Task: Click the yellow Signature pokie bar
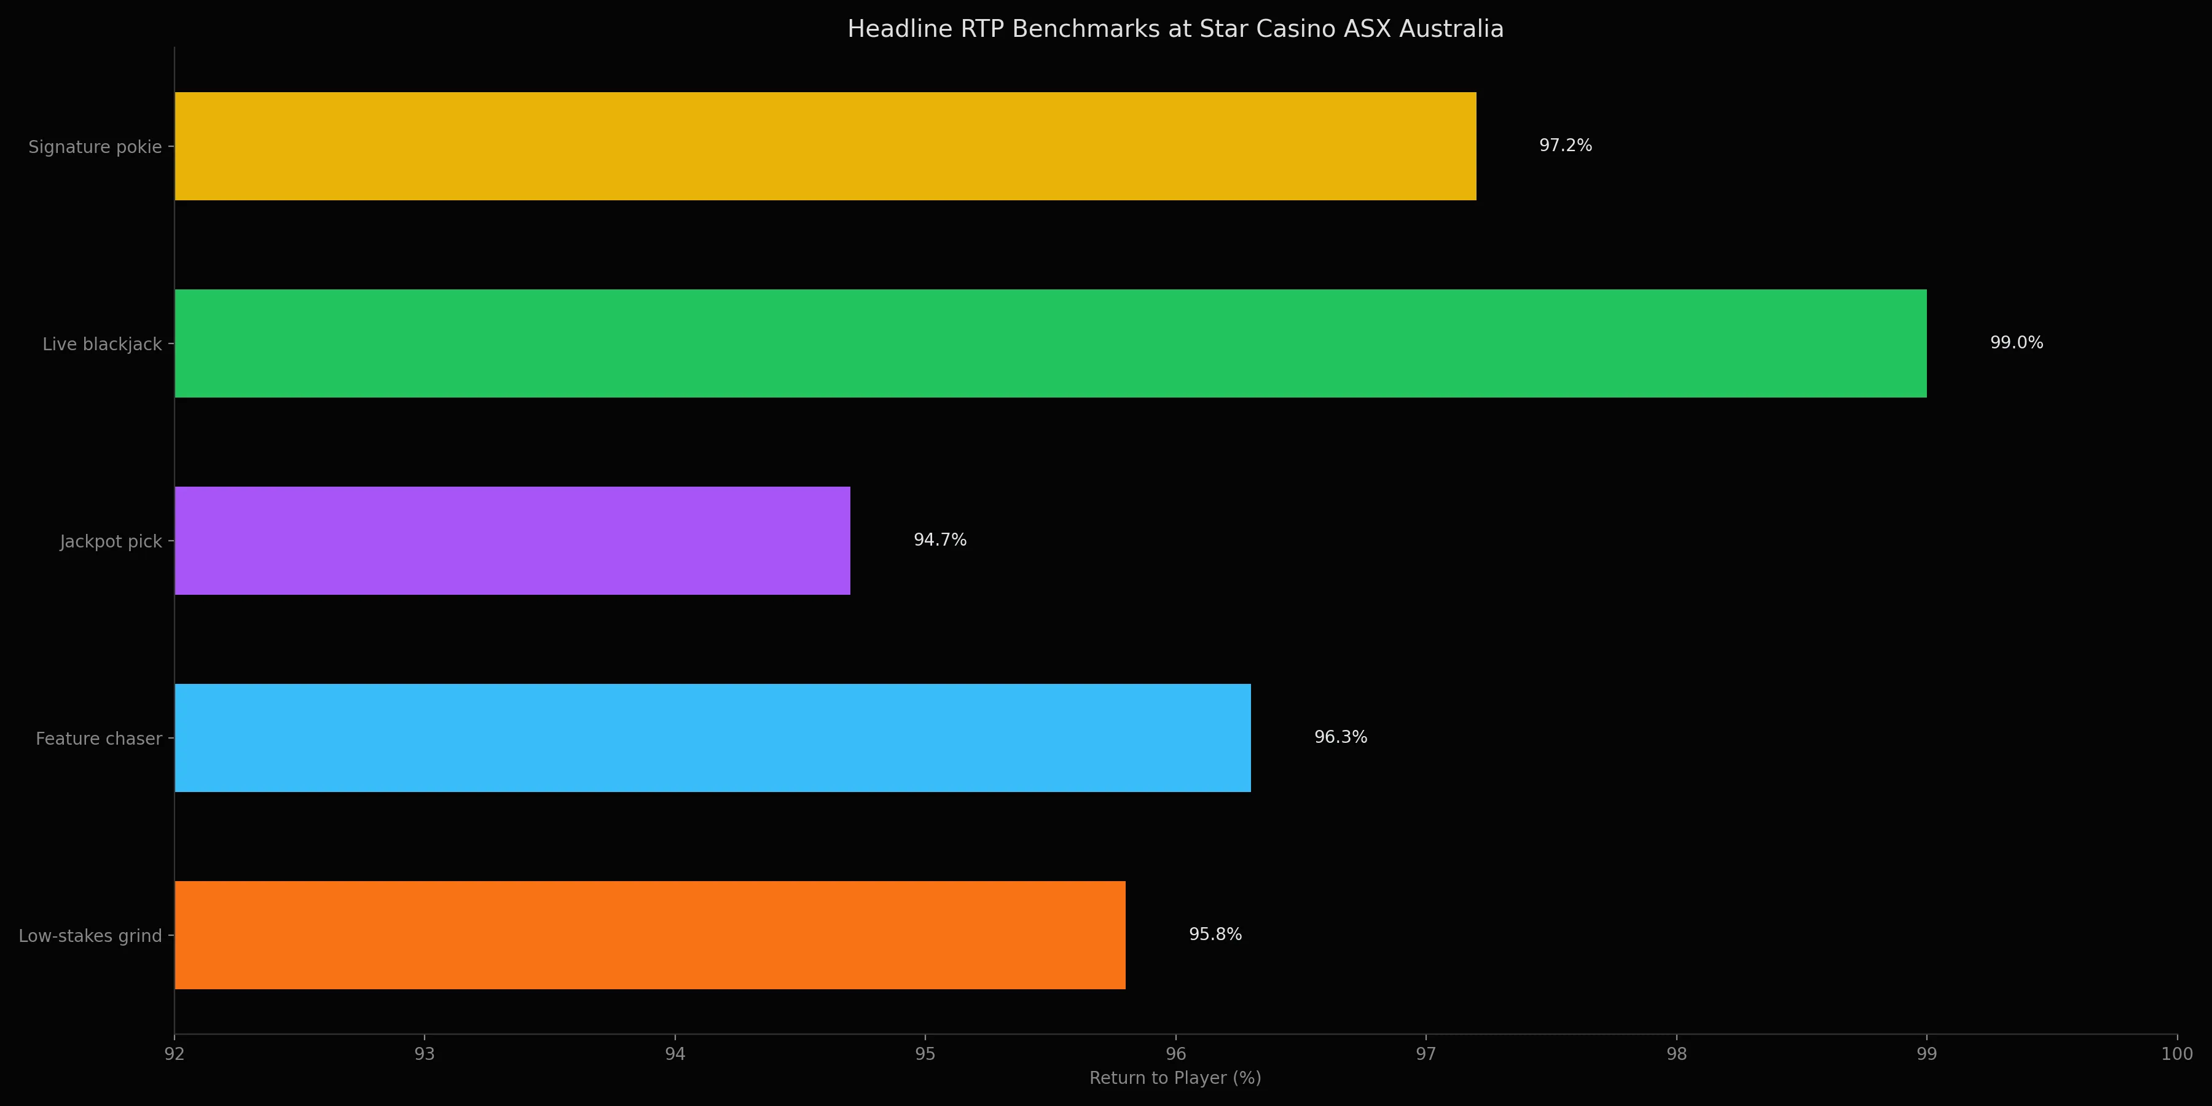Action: coord(825,146)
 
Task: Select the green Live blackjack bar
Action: coord(1050,343)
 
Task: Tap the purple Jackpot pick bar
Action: coord(512,541)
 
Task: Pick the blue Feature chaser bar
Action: coord(712,737)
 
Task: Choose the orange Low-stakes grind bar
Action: coord(649,935)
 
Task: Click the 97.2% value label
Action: coord(1564,145)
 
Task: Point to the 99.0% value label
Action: coord(2015,343)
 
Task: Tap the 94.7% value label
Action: coord(939,539)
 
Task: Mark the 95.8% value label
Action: coord(1214,934)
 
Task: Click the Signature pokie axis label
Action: coord(95,147)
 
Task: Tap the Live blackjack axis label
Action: coord(101,344)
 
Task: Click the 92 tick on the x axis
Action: coord(175,1054)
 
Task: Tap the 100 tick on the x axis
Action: coord(2176,1054)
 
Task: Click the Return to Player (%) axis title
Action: coord(1175,1078)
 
